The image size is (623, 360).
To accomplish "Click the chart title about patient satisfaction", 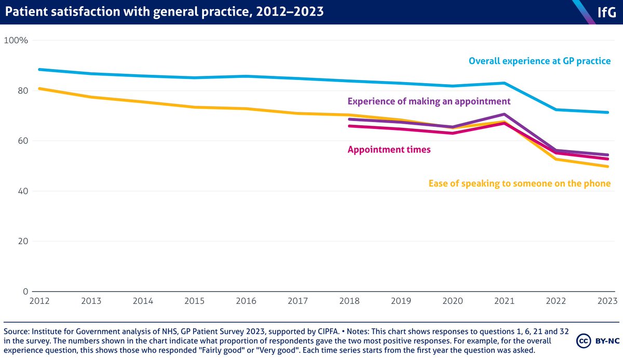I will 165,12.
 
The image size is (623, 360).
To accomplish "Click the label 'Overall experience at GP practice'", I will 539,61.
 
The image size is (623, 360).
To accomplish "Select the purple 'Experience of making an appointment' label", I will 429,101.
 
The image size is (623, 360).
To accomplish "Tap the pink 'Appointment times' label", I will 389,150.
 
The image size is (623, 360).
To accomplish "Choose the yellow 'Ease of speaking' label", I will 519,183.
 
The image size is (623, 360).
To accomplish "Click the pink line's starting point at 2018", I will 349,126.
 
